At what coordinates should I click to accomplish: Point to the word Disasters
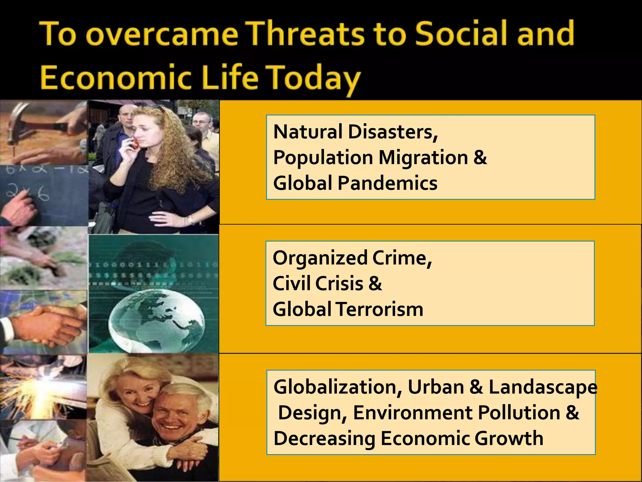pos(393,132)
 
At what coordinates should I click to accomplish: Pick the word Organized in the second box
pos(320,258)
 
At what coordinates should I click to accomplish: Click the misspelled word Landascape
pos(543,387)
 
